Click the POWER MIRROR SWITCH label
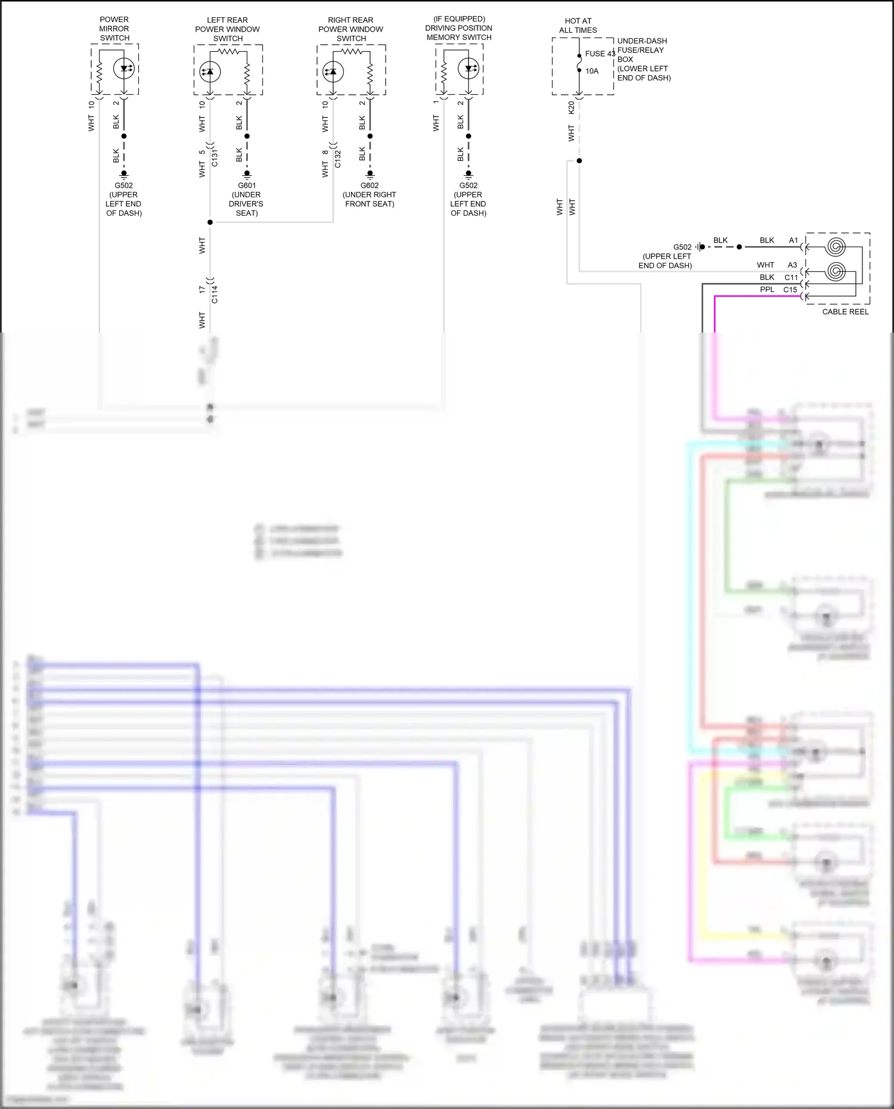click(114, 29)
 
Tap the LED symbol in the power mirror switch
click(124, 69)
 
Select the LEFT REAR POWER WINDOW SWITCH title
click(228, 29)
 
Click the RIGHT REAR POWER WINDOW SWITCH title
click(350, 29)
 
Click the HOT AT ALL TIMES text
click(578, 25)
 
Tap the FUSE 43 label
click(600, 54)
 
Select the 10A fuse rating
click(592, 71)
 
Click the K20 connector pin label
click(571, 108)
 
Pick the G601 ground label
click(247, 185)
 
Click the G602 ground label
click(370, 185)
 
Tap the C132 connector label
click(338, 159)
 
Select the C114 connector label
click(215, 294)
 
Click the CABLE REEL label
click(845, 312)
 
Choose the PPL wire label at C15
click(767, 290)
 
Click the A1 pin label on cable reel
click(793, 240)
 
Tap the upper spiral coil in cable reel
click(836, 246)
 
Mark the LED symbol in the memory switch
click(468, 69)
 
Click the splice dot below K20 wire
click(579, 161)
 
